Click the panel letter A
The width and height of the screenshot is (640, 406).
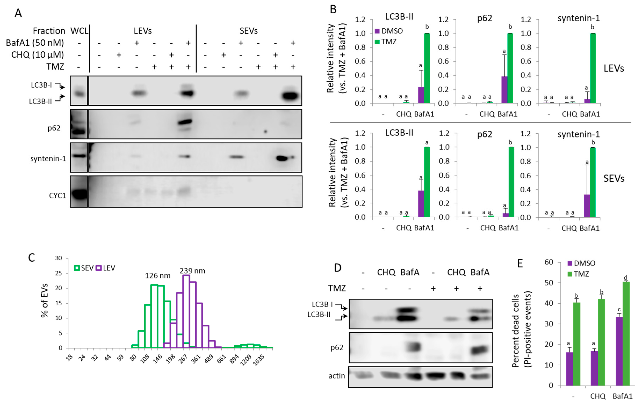[x=18, y=13]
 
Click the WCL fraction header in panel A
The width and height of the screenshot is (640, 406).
[x=79, y=31]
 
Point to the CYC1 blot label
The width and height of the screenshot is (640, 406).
[x=57, y=196]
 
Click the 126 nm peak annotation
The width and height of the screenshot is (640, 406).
[x=157, y=276]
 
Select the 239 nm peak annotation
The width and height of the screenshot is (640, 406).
[x=192, y=271]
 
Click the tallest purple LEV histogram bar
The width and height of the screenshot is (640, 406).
[x=186, y=311]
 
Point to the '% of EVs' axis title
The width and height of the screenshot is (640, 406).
[x=45, y=300]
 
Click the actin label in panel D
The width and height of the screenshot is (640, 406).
[x=337, y=376]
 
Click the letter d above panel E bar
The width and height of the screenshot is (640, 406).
[x=625, y=278]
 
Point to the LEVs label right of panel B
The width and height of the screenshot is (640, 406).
[x=614, y=68]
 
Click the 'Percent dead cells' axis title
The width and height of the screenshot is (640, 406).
[x=516, y=331]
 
